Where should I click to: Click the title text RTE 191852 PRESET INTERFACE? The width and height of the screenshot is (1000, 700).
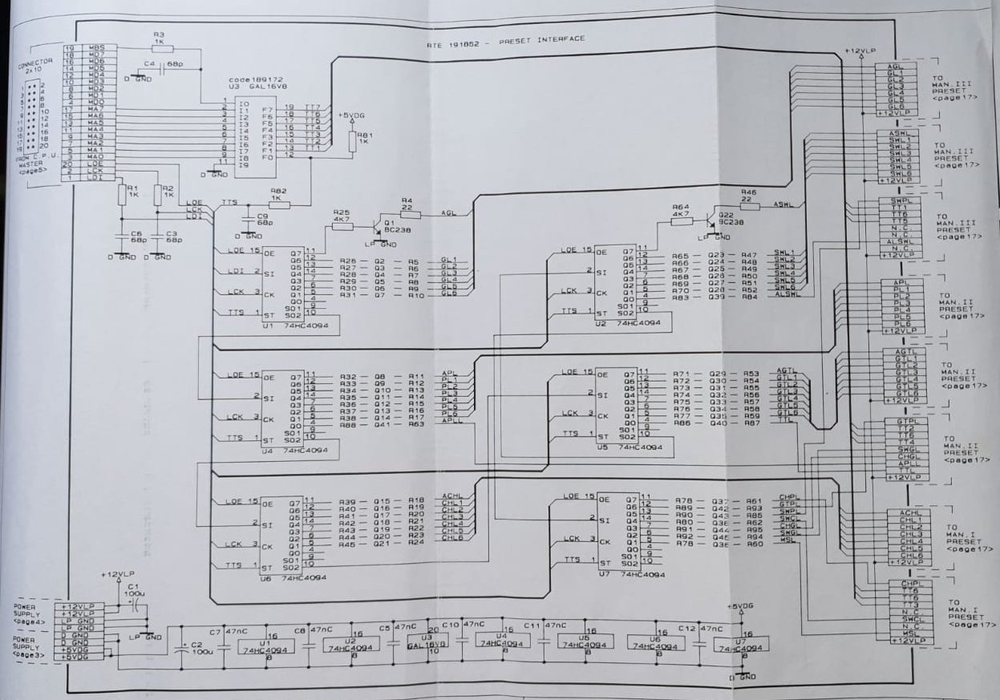(505, 42)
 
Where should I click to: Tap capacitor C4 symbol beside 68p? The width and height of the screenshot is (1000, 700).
(162, 69)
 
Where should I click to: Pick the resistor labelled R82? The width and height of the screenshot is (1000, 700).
(277, 204)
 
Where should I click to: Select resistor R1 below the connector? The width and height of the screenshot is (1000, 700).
(121, 194)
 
